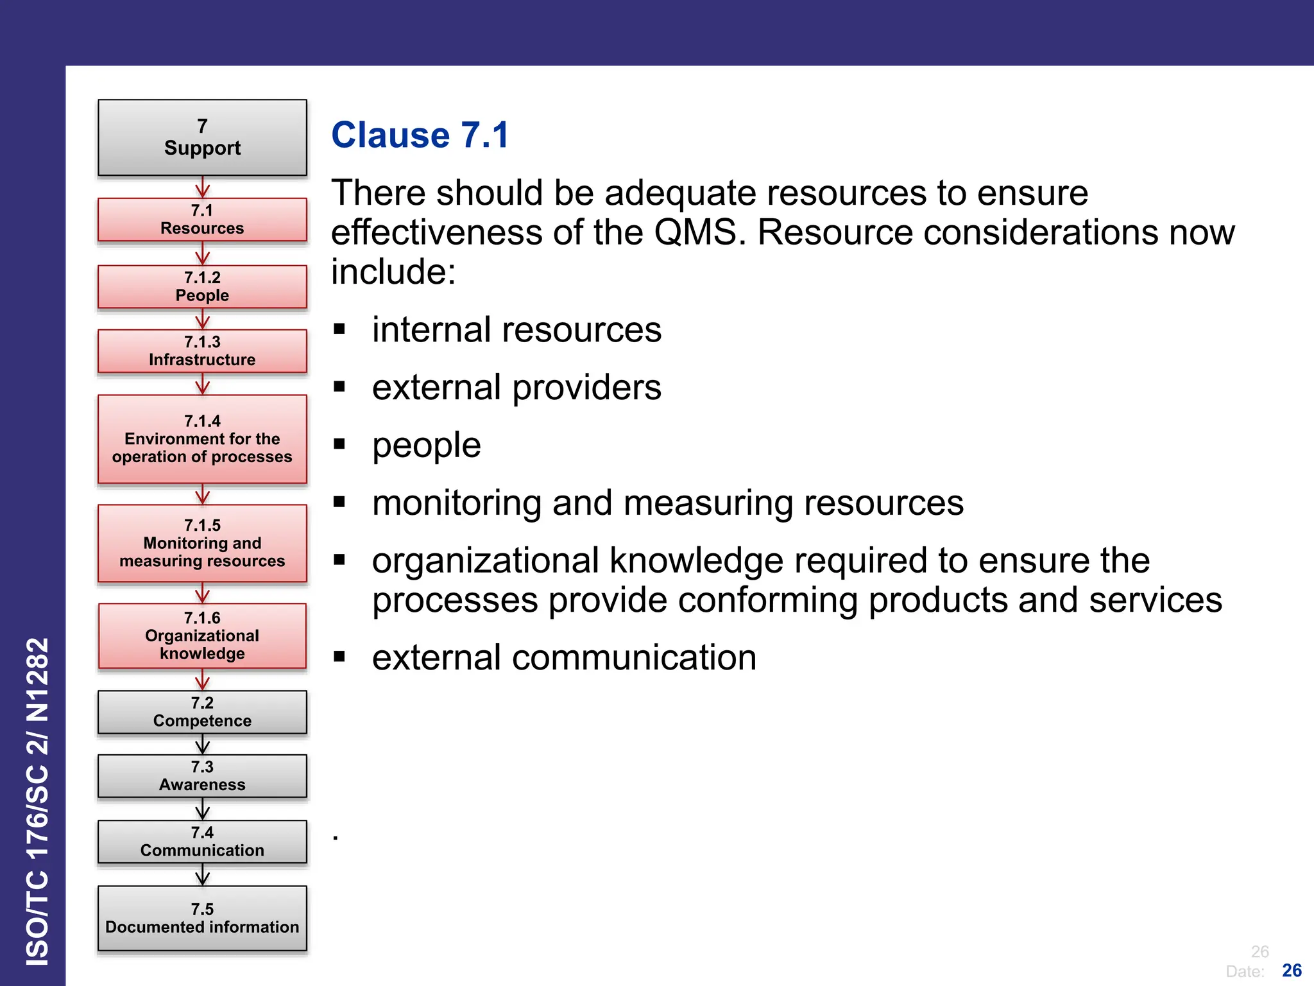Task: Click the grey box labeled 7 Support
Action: click(202, 137)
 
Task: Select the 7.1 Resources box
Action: click(202, 220)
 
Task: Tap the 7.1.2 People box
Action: click(202, 286)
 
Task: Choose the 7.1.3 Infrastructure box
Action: click(202, 350)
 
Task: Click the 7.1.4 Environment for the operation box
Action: click(202, 439)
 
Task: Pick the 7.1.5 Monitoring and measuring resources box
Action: click(202, 543)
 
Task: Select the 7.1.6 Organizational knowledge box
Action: click(202, 636)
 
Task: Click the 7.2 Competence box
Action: click(202, 712)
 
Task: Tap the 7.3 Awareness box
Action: click(202, 776)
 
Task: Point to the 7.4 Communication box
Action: click(202, 842)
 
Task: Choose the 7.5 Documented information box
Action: click(202, 918)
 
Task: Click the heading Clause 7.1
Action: click(420, 135)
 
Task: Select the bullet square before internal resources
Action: click(339, 330)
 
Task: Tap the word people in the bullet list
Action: click(426, 445)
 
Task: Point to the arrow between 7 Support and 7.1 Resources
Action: click(202, 187)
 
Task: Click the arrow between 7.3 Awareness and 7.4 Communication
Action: click(202, 809)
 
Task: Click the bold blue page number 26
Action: click(1292, 970)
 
